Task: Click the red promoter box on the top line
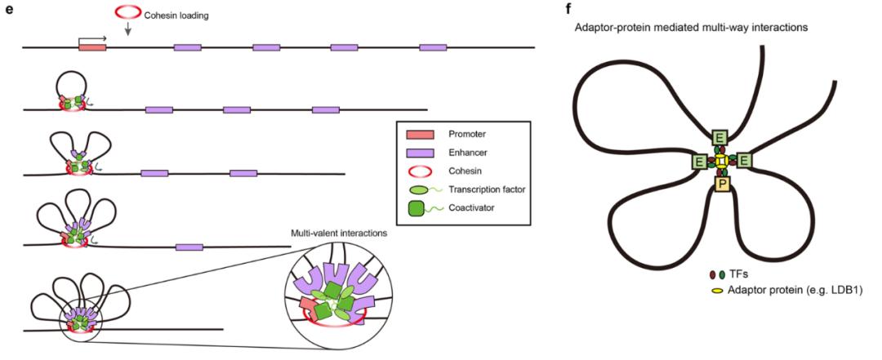coord(92,48)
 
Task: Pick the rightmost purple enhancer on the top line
coord(433,48)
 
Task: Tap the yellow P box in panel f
coord(722,185)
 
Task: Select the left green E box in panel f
coord(699,162)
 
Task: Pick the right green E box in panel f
coord(745,162)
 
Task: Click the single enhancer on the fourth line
coord(189,247)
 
